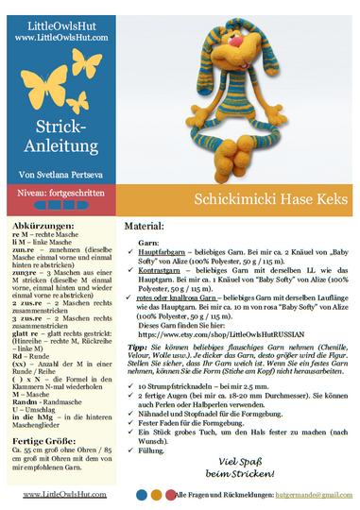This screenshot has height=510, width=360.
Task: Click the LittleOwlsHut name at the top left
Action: point(58,25)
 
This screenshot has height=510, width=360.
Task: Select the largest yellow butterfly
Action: point(86,66)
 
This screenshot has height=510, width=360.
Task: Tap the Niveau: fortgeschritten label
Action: point(58,192)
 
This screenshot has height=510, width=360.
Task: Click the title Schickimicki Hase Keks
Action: point(240,200)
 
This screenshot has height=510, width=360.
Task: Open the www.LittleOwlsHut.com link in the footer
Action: point(64,494)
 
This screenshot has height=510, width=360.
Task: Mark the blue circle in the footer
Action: point(142,494)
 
